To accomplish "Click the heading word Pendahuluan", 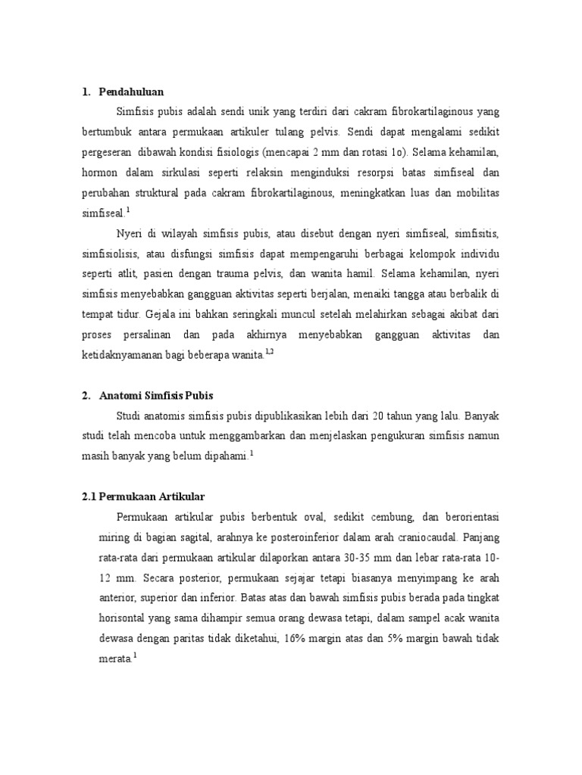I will coord(131,92).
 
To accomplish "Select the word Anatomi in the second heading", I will coord(124,395).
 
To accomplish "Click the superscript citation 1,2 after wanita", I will coord(269,350).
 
